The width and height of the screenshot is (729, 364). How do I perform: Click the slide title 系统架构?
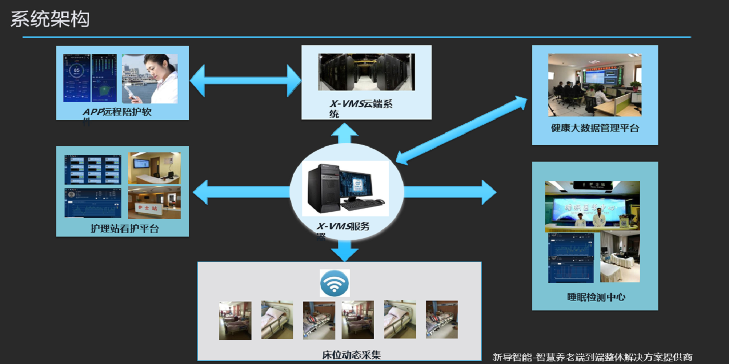[50, 19]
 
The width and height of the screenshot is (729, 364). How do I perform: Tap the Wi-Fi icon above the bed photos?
[334, 283]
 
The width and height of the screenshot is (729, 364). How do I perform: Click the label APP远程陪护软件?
[118, 112]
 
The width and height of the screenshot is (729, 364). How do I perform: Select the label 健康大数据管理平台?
[595, 128]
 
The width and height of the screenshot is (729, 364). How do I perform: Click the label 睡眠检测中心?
[596, 297]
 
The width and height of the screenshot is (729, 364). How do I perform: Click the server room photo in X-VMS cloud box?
[367, 72]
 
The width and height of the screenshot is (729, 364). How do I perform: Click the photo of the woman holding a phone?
[150, 79]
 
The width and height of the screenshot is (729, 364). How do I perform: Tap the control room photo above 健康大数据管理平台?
[595, 85]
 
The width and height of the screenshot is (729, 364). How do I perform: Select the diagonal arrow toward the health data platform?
[461, 129]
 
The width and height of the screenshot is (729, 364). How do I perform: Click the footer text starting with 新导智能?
[593, 357]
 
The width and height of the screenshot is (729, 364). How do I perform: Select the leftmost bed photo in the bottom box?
[235, 320]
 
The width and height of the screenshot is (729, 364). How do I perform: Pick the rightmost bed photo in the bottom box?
[442, 319]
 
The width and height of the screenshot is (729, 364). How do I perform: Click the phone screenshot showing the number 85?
[77, 78]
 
